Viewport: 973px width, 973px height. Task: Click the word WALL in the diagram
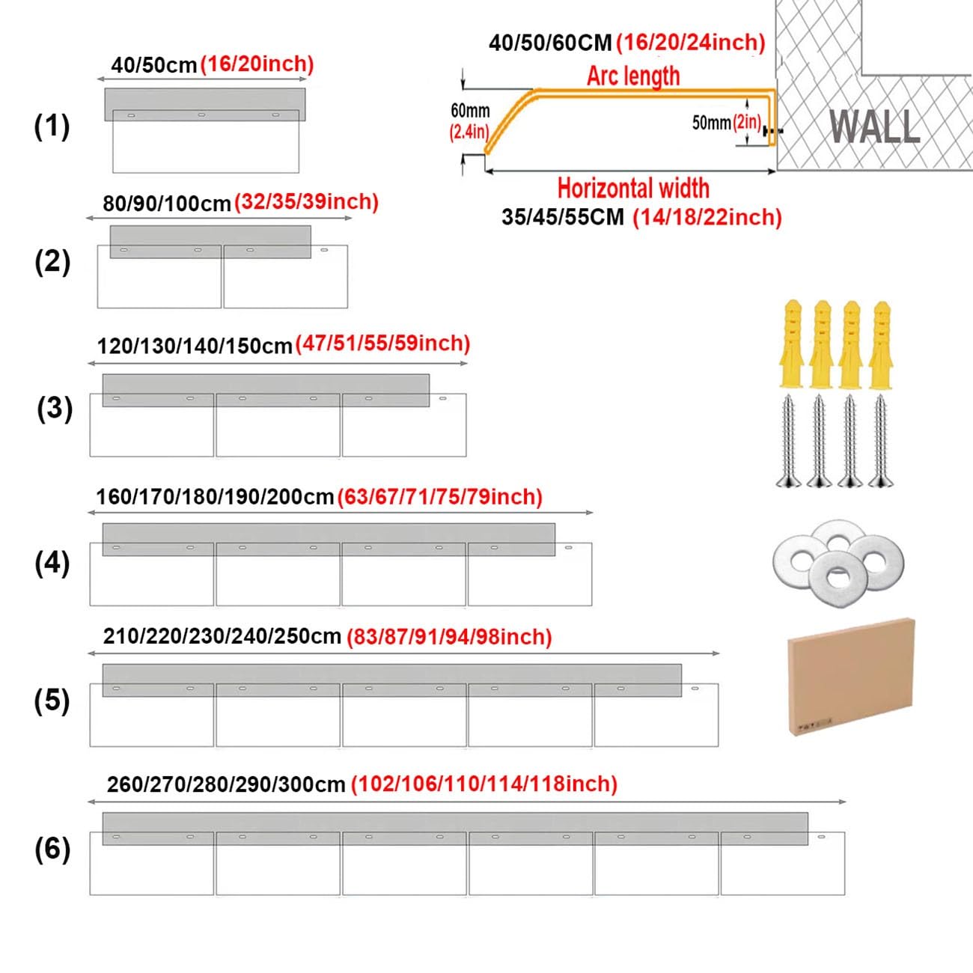tap(874, 126)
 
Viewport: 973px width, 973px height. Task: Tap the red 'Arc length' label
tap(633, 76)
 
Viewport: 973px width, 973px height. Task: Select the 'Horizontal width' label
tap(633, 189)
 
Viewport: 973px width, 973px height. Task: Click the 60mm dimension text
tap(470, 111)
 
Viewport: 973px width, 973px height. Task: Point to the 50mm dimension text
tap(712, 123)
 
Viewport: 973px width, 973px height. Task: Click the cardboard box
tap(851, 677)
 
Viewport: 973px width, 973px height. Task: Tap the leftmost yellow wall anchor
tap(792, 344)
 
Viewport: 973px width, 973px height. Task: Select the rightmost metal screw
tap(881, 441)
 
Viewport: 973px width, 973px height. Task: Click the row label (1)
tap(52, 126)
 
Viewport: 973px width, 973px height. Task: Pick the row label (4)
tap(52, 564)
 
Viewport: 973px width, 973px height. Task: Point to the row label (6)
tap(52, 850)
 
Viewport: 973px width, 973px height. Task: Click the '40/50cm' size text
tap(154, 66)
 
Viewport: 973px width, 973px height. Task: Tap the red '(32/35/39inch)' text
tap(306, 202)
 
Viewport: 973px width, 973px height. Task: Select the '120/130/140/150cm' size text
tap(195, 347)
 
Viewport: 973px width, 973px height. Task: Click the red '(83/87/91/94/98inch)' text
tap(449, 637)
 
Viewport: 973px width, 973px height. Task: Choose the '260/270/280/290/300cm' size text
tap(226, 784)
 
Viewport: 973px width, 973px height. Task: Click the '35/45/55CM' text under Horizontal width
tap(563, 218)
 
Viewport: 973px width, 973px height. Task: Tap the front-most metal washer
tap(838, 576)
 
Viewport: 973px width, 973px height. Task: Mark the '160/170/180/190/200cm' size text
tap(215, 498)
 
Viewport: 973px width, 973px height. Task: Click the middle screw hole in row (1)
tap(201, 115)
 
